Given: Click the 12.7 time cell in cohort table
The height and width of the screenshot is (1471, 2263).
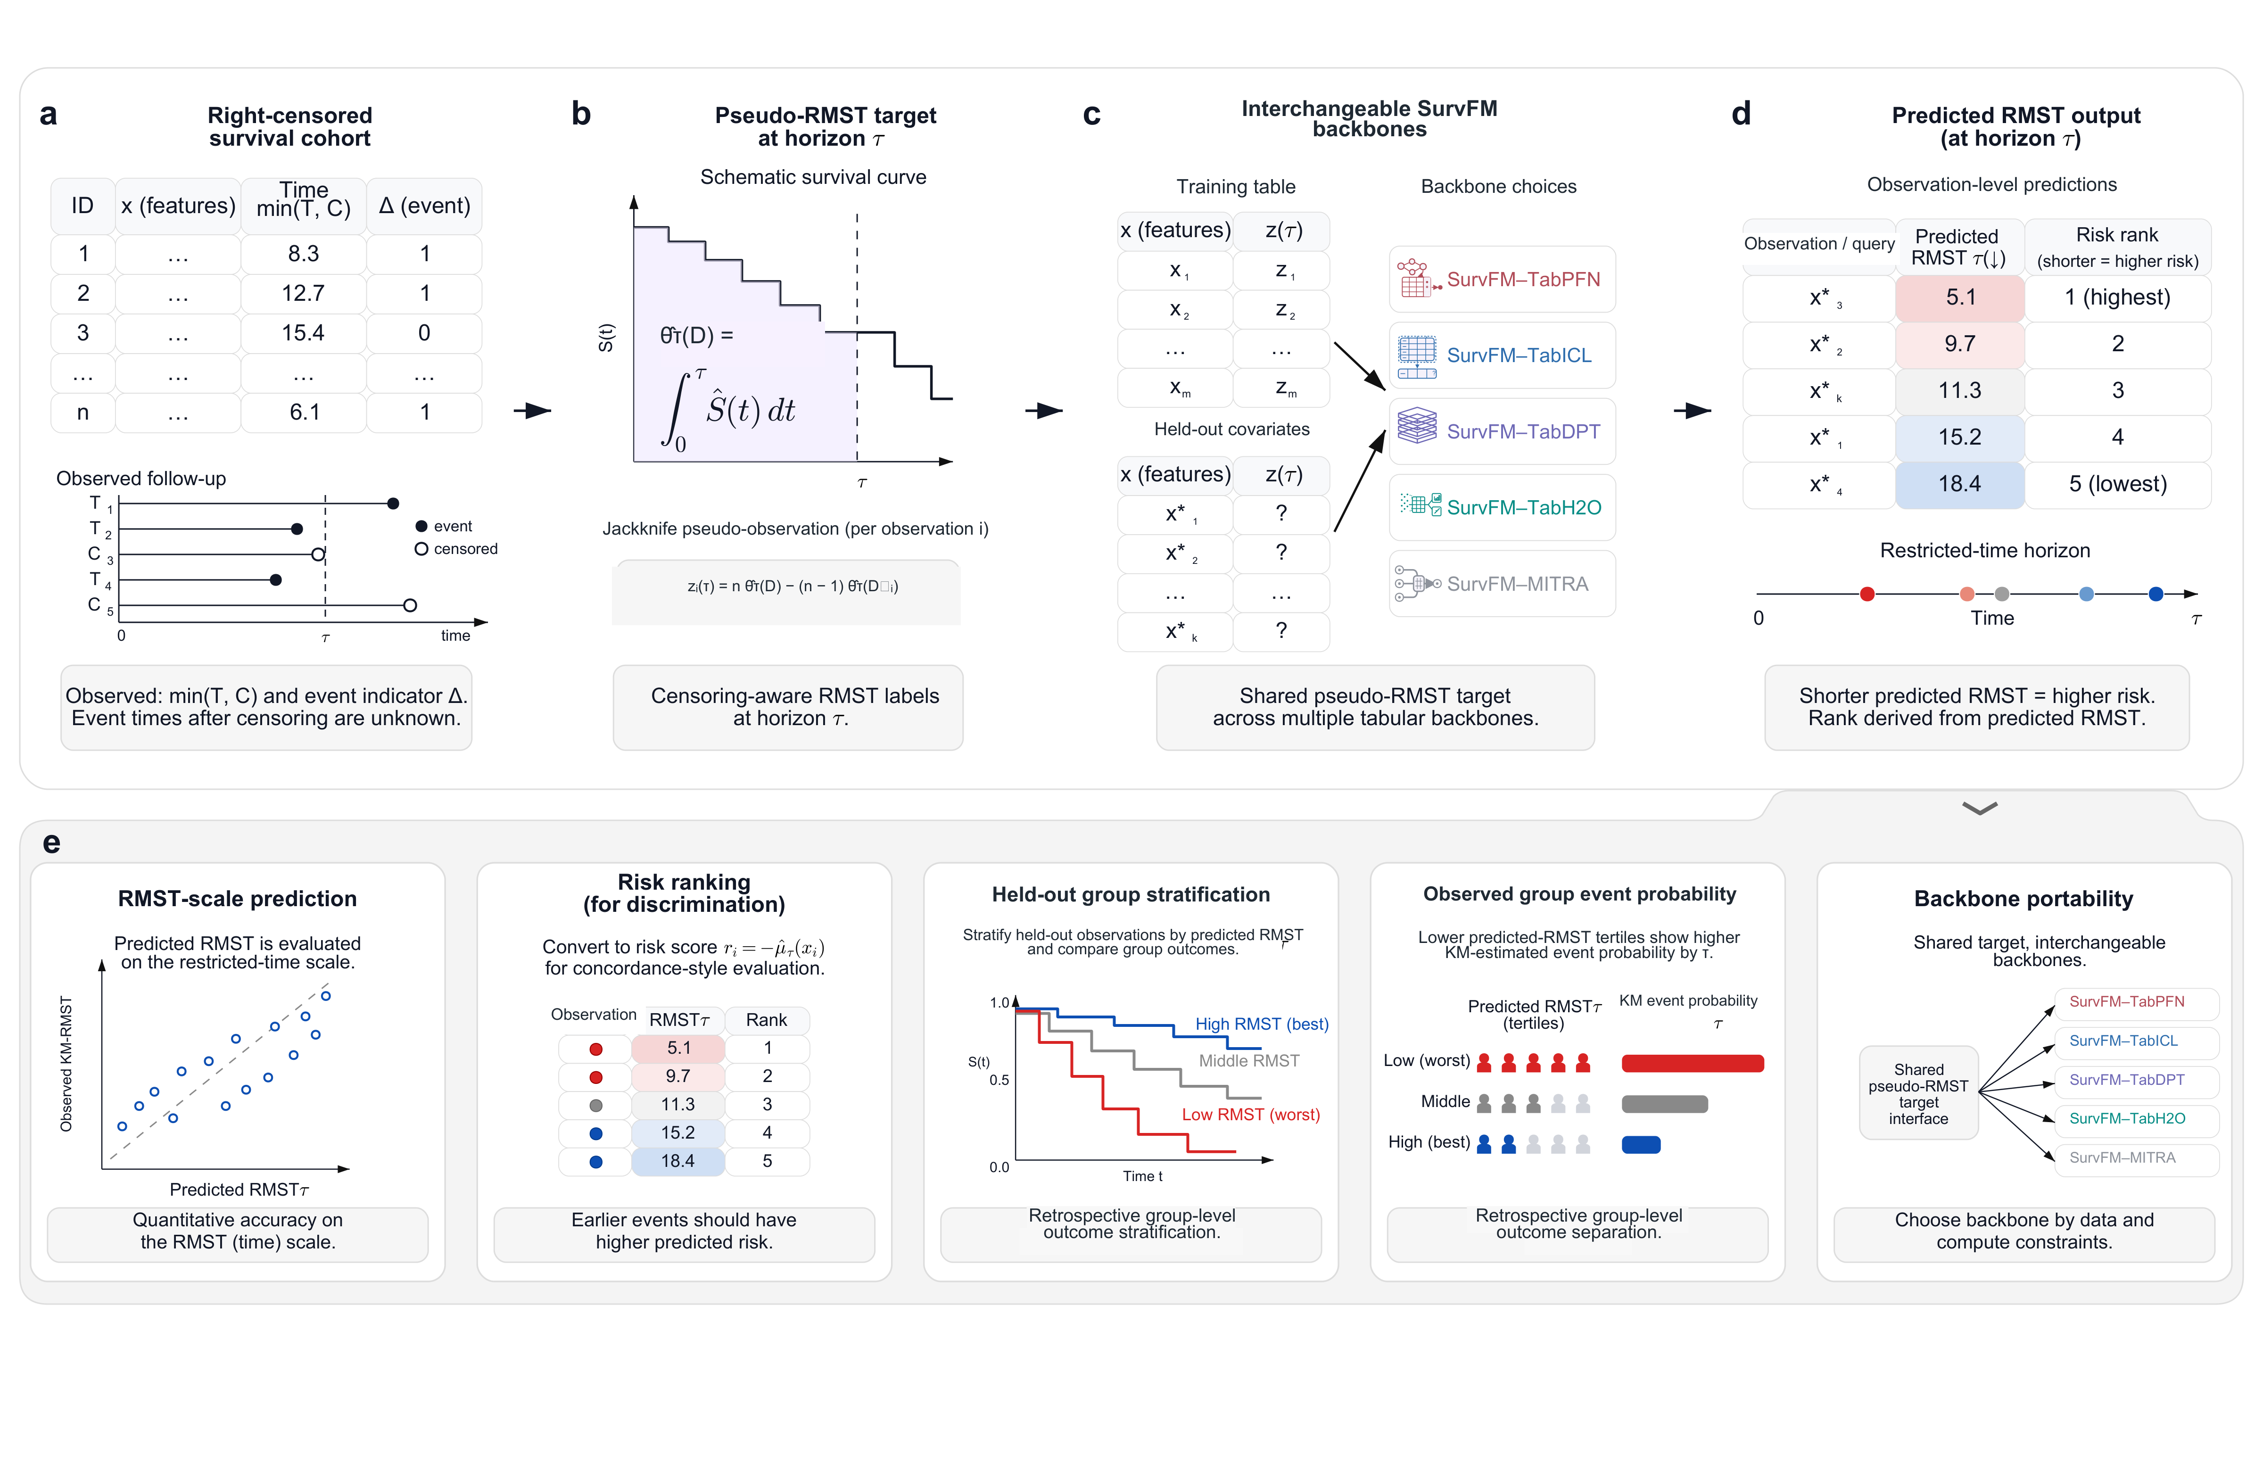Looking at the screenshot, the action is click(x=303, y=294).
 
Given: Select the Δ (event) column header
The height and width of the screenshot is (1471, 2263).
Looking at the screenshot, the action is click(x=424, y=206).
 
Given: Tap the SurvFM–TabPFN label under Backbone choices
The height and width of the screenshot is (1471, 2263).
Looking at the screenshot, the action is click(x=1523, y=280).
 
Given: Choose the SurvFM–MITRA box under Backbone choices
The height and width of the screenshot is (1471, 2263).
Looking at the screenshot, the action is click(x=1503, y=584).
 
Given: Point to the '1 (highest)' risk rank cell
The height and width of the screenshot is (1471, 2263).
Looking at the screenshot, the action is click(x=2117, y=298).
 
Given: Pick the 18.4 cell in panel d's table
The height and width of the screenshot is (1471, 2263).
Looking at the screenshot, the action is click(x=1960, y=484).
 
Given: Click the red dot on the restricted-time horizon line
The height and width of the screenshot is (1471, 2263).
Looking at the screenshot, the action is click(x=1867, y=595).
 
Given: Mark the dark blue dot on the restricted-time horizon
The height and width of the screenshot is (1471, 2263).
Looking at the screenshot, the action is click(x=2156, y=595).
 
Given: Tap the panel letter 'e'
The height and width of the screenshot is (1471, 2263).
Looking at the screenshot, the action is click(x=51, y=843).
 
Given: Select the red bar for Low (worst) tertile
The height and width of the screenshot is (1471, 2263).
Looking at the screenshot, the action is click(x=1693, y=1063).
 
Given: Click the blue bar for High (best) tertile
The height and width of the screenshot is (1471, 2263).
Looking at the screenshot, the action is click(x=1641, y=1145).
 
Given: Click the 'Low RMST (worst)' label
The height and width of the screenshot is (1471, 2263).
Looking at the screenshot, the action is click(x=1250, y=1115).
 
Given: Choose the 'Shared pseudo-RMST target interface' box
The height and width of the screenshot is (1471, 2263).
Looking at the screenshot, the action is click(x=1919, y=1093).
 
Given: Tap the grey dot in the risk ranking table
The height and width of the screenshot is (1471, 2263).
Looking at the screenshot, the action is click(x=596, y=1105).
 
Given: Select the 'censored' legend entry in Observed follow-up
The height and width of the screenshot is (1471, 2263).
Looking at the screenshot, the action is click(x=456, y=549).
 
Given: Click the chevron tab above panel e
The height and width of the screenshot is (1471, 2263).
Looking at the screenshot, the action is click(x=1980, y=808).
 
